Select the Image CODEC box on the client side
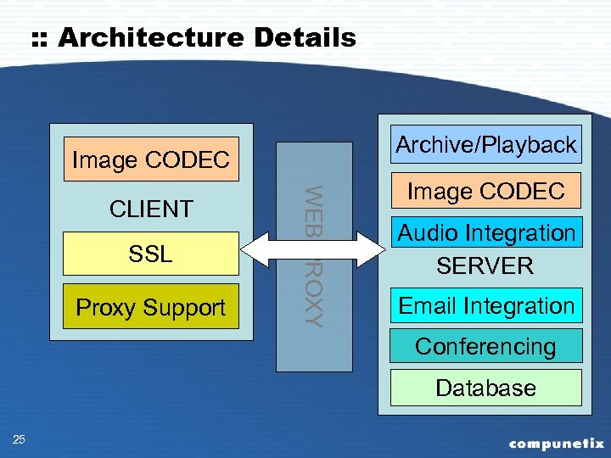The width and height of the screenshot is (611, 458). pos(151,160)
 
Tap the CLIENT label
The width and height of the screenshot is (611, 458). pos(151,209)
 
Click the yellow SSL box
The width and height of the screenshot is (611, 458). pos(151,253)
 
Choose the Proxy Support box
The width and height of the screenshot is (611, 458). pos(151,307)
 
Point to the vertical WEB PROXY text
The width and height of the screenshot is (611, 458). pos(313,254)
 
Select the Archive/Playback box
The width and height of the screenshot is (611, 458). pos(485,145)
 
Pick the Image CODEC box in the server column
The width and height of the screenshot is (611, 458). pos(485,192)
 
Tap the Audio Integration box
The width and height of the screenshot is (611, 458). pos(485,232)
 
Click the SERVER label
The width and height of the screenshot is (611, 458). pos(485,266)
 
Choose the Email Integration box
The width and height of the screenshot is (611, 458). pos(485,306)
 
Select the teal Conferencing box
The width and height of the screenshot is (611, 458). pos(485,346)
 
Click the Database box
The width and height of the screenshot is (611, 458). pos(485,388)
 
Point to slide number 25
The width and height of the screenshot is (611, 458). pos(20,438)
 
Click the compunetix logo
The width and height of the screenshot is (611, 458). pos(556,443)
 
